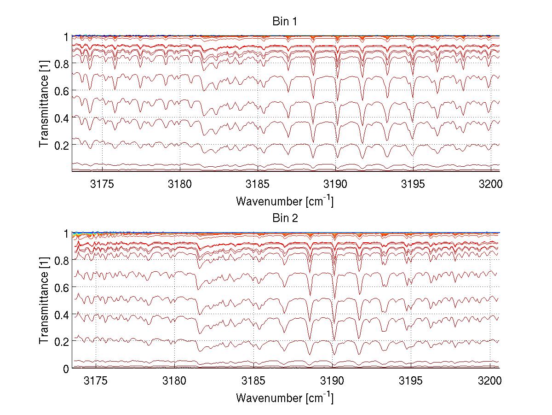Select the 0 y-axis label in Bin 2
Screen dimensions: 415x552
point(66,368)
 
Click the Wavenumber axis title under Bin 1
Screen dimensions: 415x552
point(284,201)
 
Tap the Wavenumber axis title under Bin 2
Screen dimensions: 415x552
point(284,397)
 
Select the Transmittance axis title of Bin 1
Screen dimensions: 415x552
point(44,103)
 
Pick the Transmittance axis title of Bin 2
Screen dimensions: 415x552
point(44,300)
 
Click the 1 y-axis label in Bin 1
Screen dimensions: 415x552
point(66,36)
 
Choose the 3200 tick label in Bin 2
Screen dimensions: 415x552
point(490,382)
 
